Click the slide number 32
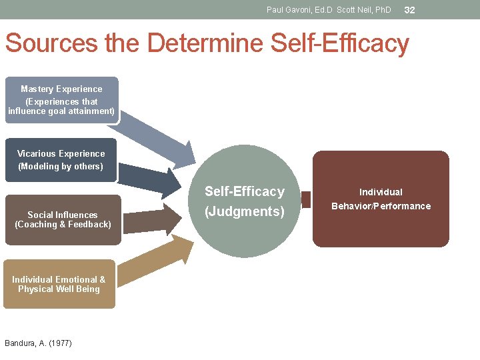point(410,10)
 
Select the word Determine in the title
point(207,43)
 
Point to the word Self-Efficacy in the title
point(340,43)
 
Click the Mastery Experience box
point(61,100)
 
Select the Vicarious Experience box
point(61,160)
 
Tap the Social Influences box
point(63,219)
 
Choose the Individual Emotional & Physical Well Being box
point(59,284)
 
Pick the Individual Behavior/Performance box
point(381,199)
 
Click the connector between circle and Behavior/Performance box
point(306,199)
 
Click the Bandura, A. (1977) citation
point(38,343)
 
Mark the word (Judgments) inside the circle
point(244,212)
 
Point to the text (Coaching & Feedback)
point(63,225)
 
